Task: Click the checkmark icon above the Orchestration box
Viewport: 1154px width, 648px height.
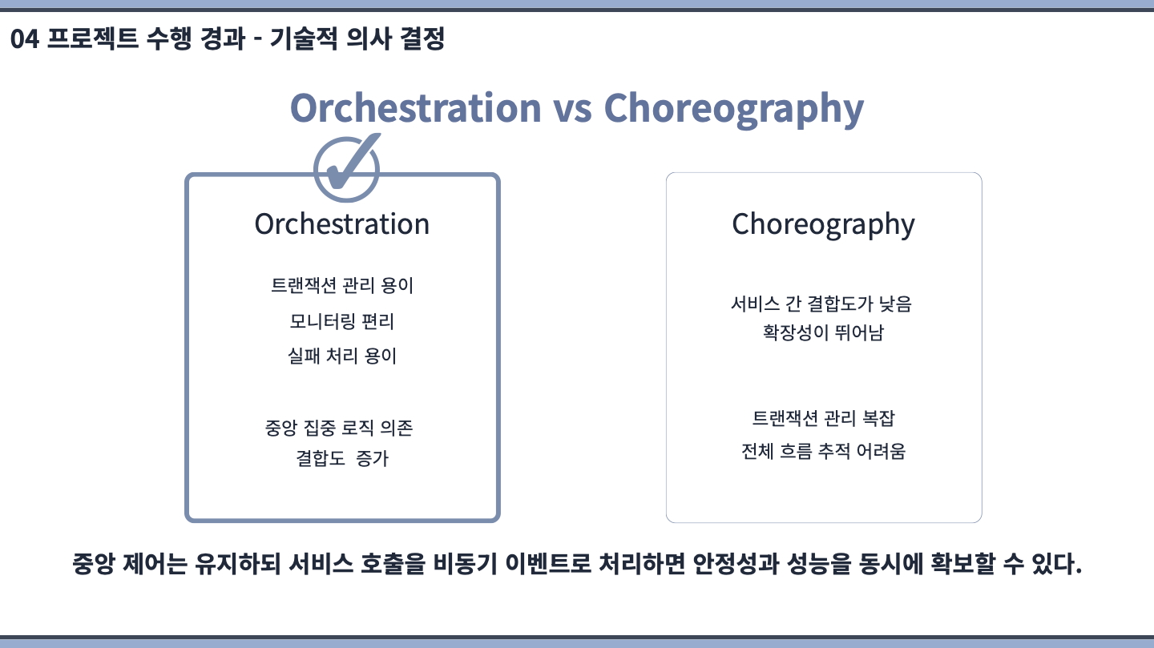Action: pyautogui.click(x=347, y=168)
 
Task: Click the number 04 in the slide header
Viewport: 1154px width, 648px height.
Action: pyautogui.click(x=25, y=39)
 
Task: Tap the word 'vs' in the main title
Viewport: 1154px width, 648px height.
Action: pyautogui.click(x=572, y=108)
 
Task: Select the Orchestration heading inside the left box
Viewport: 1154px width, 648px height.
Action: pyautogui.click(x=342, y=224)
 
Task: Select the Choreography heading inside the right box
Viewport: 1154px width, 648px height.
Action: pyautogui.click(x=823, y=225)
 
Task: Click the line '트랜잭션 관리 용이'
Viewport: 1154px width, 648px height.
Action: pyautogui.click(x=342, y=285)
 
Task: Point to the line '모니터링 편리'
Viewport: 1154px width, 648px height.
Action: pyautogui.click(x=342, y=321)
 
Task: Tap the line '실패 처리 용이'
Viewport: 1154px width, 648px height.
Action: pyautogui.click(x=342, y=356)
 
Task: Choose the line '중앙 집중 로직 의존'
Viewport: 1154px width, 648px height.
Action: pyautogui.click(x=339, y=428)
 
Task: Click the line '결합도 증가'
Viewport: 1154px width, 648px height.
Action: pyautogui.click(x=342, y=458)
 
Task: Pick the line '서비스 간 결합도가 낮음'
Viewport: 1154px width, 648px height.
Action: pyautogui.click(x=821, y=304)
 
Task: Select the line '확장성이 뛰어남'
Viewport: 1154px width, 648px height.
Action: pyautogui.click(x=823, y=332)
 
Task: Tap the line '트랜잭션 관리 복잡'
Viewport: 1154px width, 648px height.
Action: pyautogui.click(x=823, y=418)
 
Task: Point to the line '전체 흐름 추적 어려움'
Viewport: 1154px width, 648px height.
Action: pyautogui.click(x=823, y=452)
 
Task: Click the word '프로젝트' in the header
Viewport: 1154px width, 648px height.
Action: pyautogui.click(x=93, y=38)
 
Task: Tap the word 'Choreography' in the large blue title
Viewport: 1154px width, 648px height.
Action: pyautogui.click(x=733, y=110)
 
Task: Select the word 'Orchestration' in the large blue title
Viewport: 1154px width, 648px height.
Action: pyautogui.click(x=416, y=108)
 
